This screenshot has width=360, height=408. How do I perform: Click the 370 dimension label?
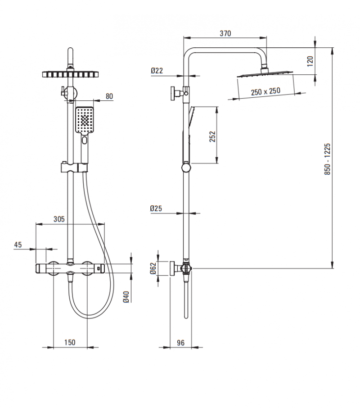[x=225, y=33]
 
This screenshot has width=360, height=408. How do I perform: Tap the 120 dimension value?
[x=310, y=61]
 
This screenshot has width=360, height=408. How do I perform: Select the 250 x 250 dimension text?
[x=265, y=91]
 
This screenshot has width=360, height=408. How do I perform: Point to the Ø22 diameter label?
[x=157, y=70]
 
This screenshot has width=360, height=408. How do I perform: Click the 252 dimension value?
[x=212, y=136]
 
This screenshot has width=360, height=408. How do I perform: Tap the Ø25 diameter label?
[x=157, y=208]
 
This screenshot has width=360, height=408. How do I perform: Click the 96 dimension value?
[x=180, y=343]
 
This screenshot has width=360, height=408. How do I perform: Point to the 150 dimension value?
[x=70, y=342]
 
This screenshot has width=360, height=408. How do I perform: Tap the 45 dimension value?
[x=18, y=245]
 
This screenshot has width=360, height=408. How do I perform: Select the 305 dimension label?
[x=59, y=219]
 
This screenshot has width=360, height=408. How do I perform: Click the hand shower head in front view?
[x=85, y=120]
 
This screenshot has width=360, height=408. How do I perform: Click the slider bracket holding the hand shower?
[x=73, y=168]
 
